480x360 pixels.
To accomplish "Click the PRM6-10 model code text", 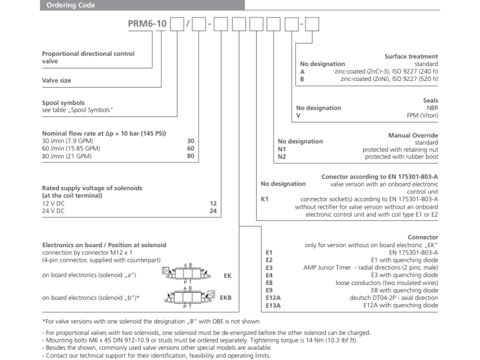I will point(148,25).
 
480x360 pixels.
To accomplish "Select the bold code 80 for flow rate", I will point(191,157).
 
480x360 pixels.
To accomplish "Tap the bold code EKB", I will point(226,298).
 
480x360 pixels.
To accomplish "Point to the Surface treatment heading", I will point(411,56).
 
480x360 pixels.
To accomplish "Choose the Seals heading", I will point(430,101).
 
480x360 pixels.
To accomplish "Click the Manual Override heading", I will point(413,136).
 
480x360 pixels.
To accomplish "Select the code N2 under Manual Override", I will point(283,157).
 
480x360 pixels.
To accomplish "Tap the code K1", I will point(265,199).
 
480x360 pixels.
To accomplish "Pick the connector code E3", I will point(269,268).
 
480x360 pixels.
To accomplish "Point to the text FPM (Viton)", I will point(420,115).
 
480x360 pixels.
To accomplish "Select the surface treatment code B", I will point(302,79).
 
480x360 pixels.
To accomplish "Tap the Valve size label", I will point(56,80).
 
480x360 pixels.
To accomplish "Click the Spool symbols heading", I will point(63,103).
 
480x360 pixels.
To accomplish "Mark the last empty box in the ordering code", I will point(313,25).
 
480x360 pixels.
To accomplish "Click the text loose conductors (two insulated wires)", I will point(387,283).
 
